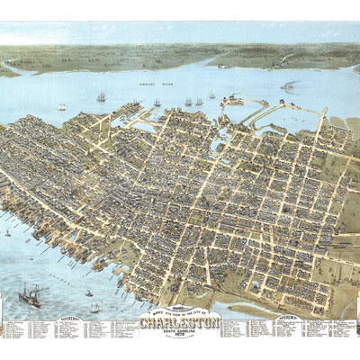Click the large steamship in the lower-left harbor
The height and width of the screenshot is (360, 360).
(30, 298)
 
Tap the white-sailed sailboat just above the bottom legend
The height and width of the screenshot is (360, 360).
(94, 308)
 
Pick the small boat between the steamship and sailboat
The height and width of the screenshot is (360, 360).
(88, 292)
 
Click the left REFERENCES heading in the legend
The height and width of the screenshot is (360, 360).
(70, 318)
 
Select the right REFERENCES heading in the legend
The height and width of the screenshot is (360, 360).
(290, 318)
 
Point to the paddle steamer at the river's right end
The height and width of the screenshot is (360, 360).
(288, 86)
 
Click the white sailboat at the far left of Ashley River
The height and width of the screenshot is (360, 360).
(62, 107)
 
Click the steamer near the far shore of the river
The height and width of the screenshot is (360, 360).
(222, 66)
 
